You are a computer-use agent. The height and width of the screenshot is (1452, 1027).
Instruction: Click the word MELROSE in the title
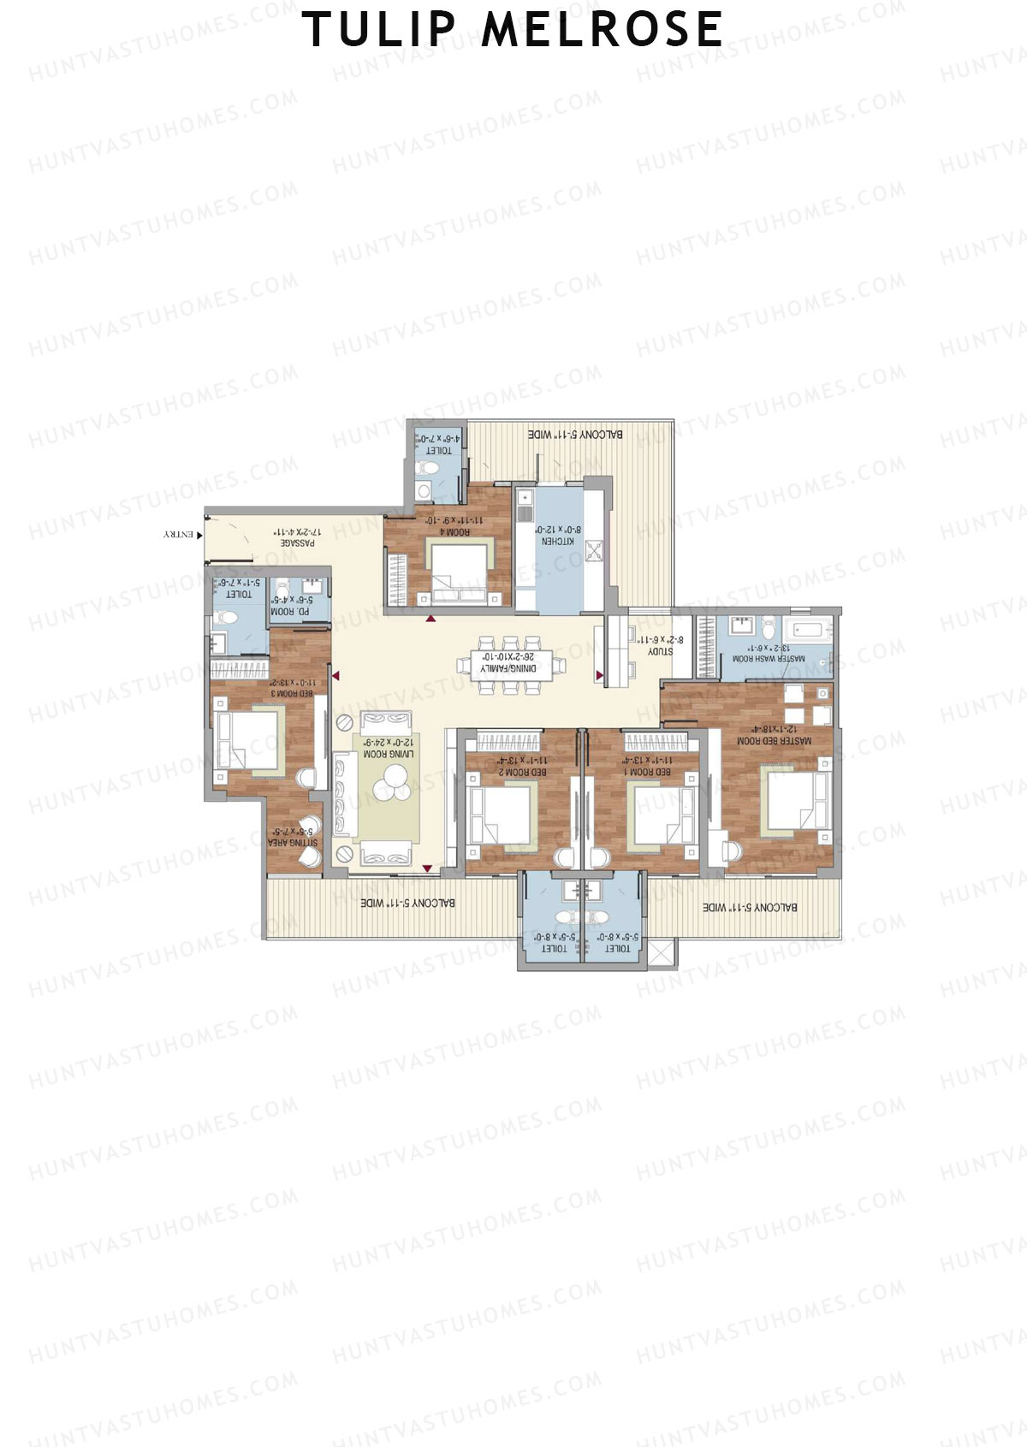coord(602,29)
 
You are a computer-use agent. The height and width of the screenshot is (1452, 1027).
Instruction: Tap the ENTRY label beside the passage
coord(179,535)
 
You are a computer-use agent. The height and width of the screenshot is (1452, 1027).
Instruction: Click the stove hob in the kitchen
coord(595,551)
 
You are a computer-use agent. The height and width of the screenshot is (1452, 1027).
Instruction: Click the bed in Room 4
coord(459,568)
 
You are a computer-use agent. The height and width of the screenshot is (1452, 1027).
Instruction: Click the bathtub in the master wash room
coord(809,631)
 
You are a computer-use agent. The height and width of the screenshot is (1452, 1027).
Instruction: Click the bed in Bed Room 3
coord(249,739)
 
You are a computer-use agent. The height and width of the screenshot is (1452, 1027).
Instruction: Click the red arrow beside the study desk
coord(599,676)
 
